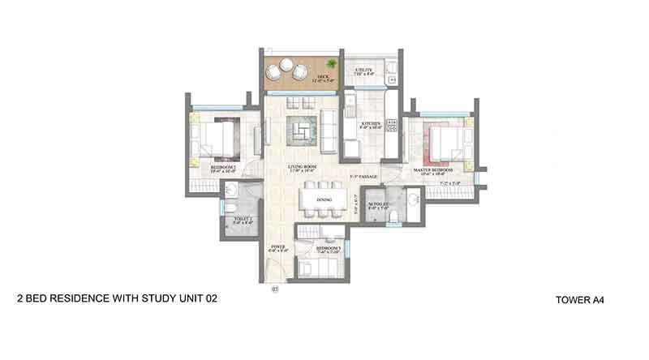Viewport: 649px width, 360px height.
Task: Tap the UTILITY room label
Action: coord(363,71)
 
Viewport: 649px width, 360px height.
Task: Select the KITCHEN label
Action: coord(372,125)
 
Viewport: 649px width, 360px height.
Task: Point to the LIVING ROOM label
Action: coord(302,169)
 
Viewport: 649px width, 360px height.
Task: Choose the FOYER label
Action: coord(278,249)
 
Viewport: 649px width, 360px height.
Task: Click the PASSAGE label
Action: coord(362,176)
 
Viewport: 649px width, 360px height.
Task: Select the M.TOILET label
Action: coord(378,206)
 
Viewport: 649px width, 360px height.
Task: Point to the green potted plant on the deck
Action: coord(331,64)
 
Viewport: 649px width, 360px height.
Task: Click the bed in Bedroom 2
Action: coord(217,135)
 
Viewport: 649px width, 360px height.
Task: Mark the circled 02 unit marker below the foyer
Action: coord(275,289)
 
